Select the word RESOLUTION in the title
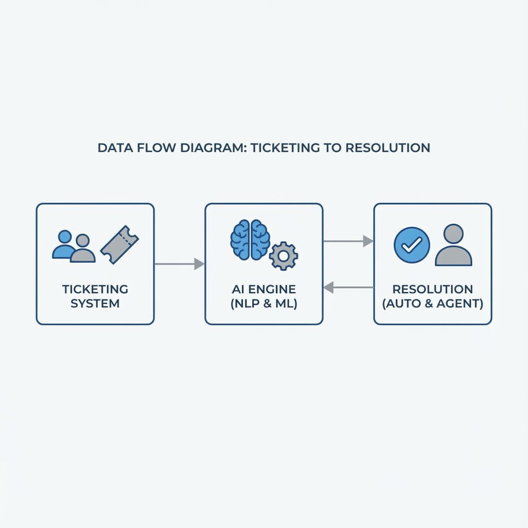(x=387, y=147)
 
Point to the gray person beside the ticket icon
(x=82, y=249)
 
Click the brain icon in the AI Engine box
(x=250, y=239)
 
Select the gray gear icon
(x=283, y=255)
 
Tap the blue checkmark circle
(x=411, y=246)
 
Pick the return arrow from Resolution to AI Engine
(x=348, y=287)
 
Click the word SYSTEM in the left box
(x=95, y=303)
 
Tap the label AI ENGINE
(x=264, y=289)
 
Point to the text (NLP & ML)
(x=264, y=303)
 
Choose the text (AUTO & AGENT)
(x=433, y=303)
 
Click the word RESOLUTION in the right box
(x=433, y=289)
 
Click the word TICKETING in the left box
(x=95, y=289)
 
